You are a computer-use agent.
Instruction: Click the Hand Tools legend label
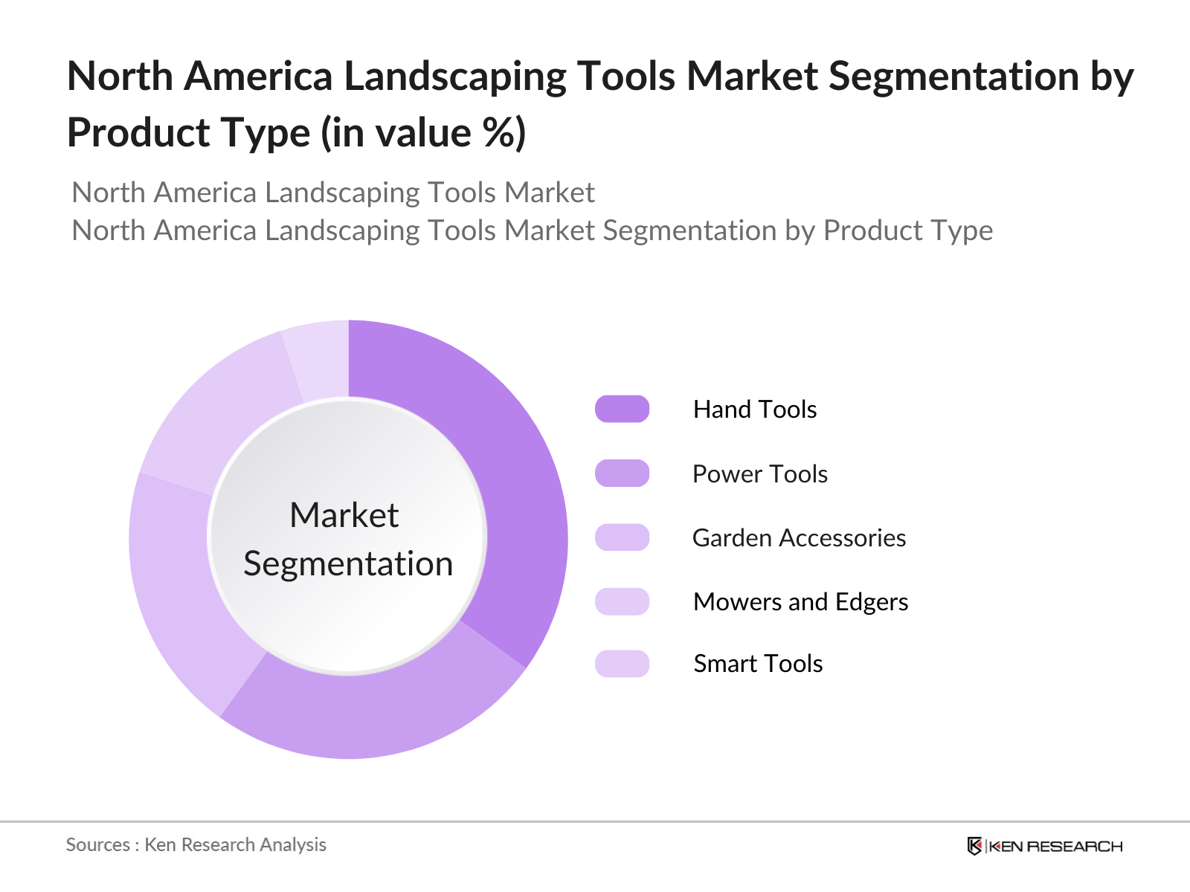pyautogui.click(x=754, y=410)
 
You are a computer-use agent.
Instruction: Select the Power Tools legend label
pyautogui.click(x=759, y=474)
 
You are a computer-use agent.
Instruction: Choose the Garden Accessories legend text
pyautogui.click(x=799, y=538)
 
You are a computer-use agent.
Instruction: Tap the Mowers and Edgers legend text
pyautogui.click(x=800, y=602)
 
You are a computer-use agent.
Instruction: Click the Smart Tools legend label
pyautogui.click(x=757, y=664)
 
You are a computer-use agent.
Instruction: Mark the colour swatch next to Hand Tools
pyautogui.click(x=622, y=410)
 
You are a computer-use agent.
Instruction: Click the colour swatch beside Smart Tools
pyautogui.click(x=622, y=664)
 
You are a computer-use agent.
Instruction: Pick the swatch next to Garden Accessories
pyautogui.click(x=622, y=537)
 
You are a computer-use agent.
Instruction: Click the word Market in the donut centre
pyautogui.click(x=344, y=515)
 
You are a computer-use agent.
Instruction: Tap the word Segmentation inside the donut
pyautogui.click(x=348, y=564)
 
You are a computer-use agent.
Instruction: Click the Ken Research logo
pyautogui.click(x=1044, y=846)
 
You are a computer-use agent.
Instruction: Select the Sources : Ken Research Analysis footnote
pyautogui.click(x=196, y=845)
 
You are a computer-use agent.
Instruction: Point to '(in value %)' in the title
pyautogui.click(x=423, y=134)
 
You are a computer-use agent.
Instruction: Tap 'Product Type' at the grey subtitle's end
pyautogui.click(x=907, y=231)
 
